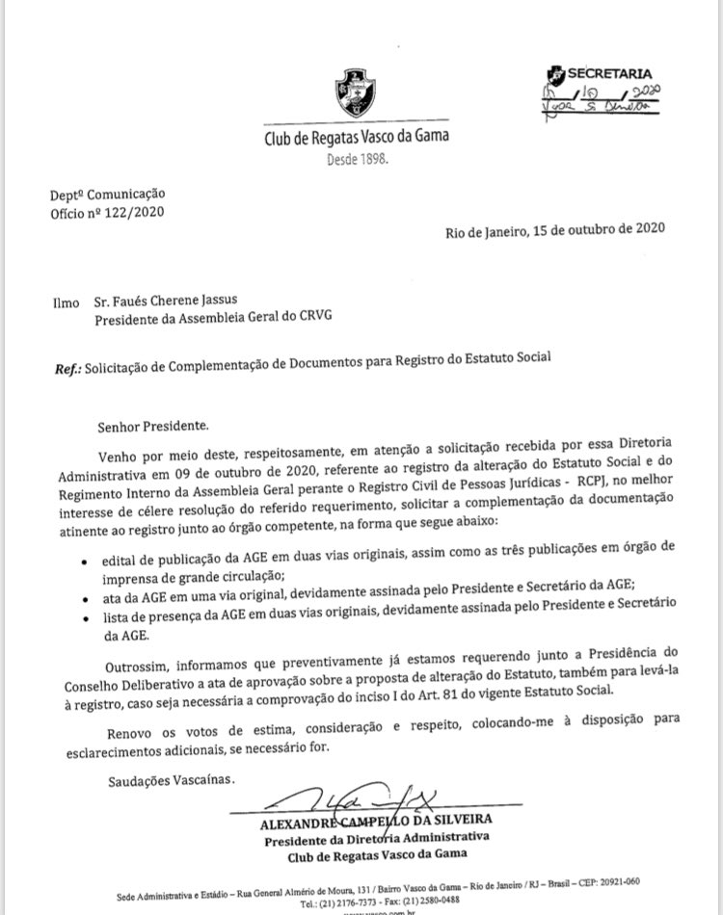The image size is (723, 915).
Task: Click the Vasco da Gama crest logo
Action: [356, 92]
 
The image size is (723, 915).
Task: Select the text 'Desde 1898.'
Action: [357, 159]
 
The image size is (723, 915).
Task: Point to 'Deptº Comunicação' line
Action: [108, 195]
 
